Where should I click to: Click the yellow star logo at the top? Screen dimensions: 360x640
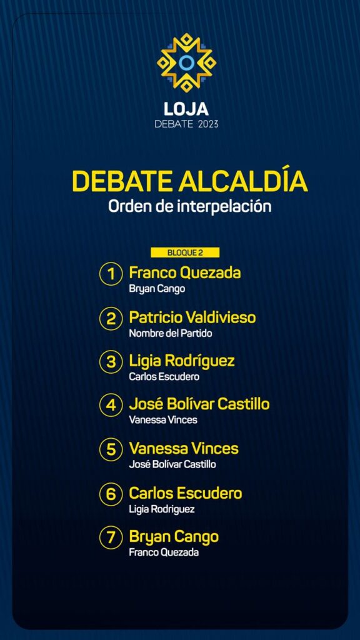186,62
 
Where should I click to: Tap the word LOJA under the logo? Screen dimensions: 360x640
186,109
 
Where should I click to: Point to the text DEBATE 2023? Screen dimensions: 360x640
186,124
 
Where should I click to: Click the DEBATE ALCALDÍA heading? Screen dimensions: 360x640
190,181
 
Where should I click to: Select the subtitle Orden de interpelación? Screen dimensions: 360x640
190,206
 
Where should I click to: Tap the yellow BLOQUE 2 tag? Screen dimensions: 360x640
185,252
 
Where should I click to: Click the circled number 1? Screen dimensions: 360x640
111,275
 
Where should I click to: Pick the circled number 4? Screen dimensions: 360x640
111,406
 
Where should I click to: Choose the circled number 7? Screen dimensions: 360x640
111,538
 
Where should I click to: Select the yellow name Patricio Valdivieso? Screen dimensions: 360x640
192,317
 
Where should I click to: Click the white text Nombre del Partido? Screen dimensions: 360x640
171,333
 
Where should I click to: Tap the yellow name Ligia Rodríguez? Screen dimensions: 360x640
182,361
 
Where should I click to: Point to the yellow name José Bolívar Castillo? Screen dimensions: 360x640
199,404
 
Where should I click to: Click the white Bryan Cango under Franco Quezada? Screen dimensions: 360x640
157,289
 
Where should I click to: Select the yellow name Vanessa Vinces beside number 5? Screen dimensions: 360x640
184,449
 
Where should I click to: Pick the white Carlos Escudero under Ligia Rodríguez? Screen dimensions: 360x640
164,377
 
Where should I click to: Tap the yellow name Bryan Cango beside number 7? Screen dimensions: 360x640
174,537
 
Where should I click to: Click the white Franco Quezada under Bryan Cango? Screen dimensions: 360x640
164,552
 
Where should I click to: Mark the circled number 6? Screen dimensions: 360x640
111,494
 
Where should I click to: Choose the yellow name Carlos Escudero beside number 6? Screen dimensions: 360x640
185,493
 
